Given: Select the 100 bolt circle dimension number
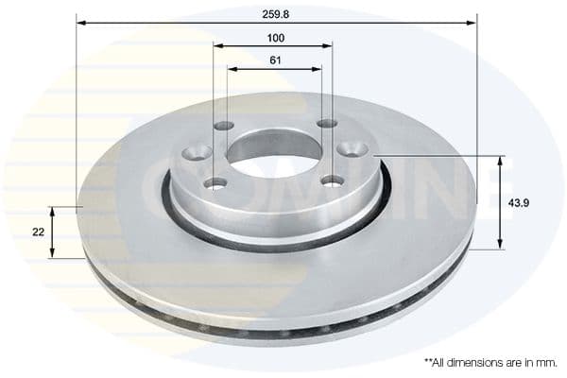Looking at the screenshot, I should point(275,39).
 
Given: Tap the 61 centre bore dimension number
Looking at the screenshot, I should point(275,61).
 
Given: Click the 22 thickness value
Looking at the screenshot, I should point(37,232).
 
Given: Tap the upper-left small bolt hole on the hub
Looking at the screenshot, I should point(223,126).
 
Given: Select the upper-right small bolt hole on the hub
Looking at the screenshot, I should point(326,124).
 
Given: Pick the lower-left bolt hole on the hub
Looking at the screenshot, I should point(215,182).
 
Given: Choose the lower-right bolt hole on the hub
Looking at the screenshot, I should point(333,180).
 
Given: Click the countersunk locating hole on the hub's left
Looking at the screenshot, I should point(199,150).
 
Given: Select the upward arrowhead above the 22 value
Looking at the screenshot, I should point(53,211).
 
